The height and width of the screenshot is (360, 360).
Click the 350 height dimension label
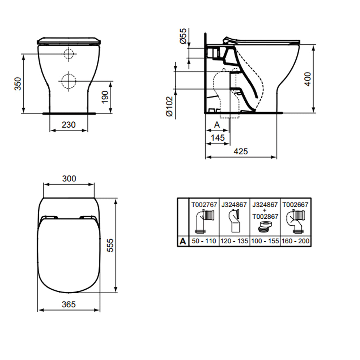tap(18, 84)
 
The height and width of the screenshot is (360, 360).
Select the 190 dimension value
tap(105, 97)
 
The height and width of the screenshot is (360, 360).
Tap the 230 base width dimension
tap(69, 125)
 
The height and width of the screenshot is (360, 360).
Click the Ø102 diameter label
tap(169, 106)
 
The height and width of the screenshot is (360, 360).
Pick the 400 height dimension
tap(308, 79)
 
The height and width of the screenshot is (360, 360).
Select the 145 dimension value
tap(218, 137)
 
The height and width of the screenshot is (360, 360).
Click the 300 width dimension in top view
tap(69, 179)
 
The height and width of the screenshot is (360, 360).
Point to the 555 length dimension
tap(110, 245)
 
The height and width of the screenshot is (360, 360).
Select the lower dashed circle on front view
tap(69, 81)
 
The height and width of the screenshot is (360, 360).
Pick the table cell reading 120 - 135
tap(234, 241)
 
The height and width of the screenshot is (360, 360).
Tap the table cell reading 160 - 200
tap(295, 241)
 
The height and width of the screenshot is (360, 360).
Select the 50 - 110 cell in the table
tap(204, 241)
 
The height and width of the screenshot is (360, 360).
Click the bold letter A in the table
tap(183, 241)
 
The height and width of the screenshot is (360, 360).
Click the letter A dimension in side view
tap(217, 125)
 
